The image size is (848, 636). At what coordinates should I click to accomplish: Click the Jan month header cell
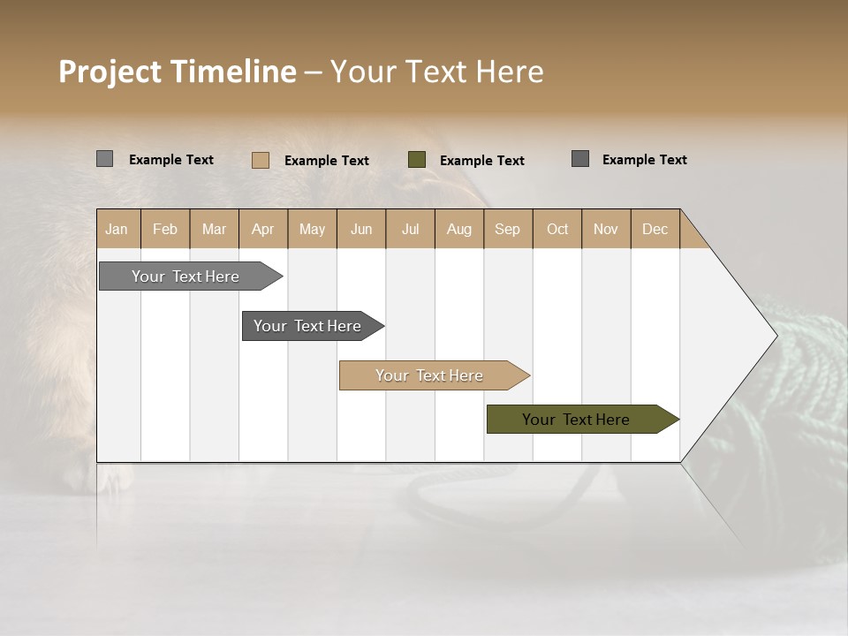click(117, 229)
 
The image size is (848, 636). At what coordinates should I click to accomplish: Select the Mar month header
click(214, 229)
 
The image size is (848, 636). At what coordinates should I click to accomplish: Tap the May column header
click(312, 229)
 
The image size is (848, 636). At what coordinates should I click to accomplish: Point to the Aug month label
click(458, 229)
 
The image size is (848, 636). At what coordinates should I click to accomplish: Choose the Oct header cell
click(556, 229)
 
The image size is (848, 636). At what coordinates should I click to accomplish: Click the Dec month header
click(655, 229)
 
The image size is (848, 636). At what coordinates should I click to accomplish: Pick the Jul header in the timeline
click(410, 229)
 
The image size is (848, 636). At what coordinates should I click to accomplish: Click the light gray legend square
click(104, 159)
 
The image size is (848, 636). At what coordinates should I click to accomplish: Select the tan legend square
click(260, 160)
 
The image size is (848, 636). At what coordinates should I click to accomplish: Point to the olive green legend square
click(416, 160)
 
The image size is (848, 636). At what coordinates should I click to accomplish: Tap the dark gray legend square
click(579, 159)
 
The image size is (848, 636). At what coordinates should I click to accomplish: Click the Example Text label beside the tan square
click(326, 161)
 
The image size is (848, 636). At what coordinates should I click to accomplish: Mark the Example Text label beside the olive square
click(481, 161)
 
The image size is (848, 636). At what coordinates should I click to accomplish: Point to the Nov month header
click(605, 229)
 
